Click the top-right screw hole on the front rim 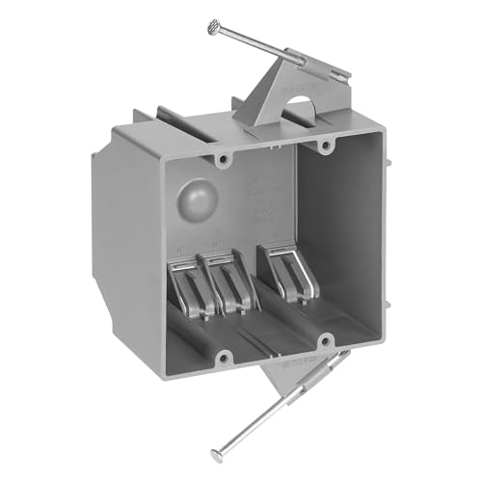point(325,146)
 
